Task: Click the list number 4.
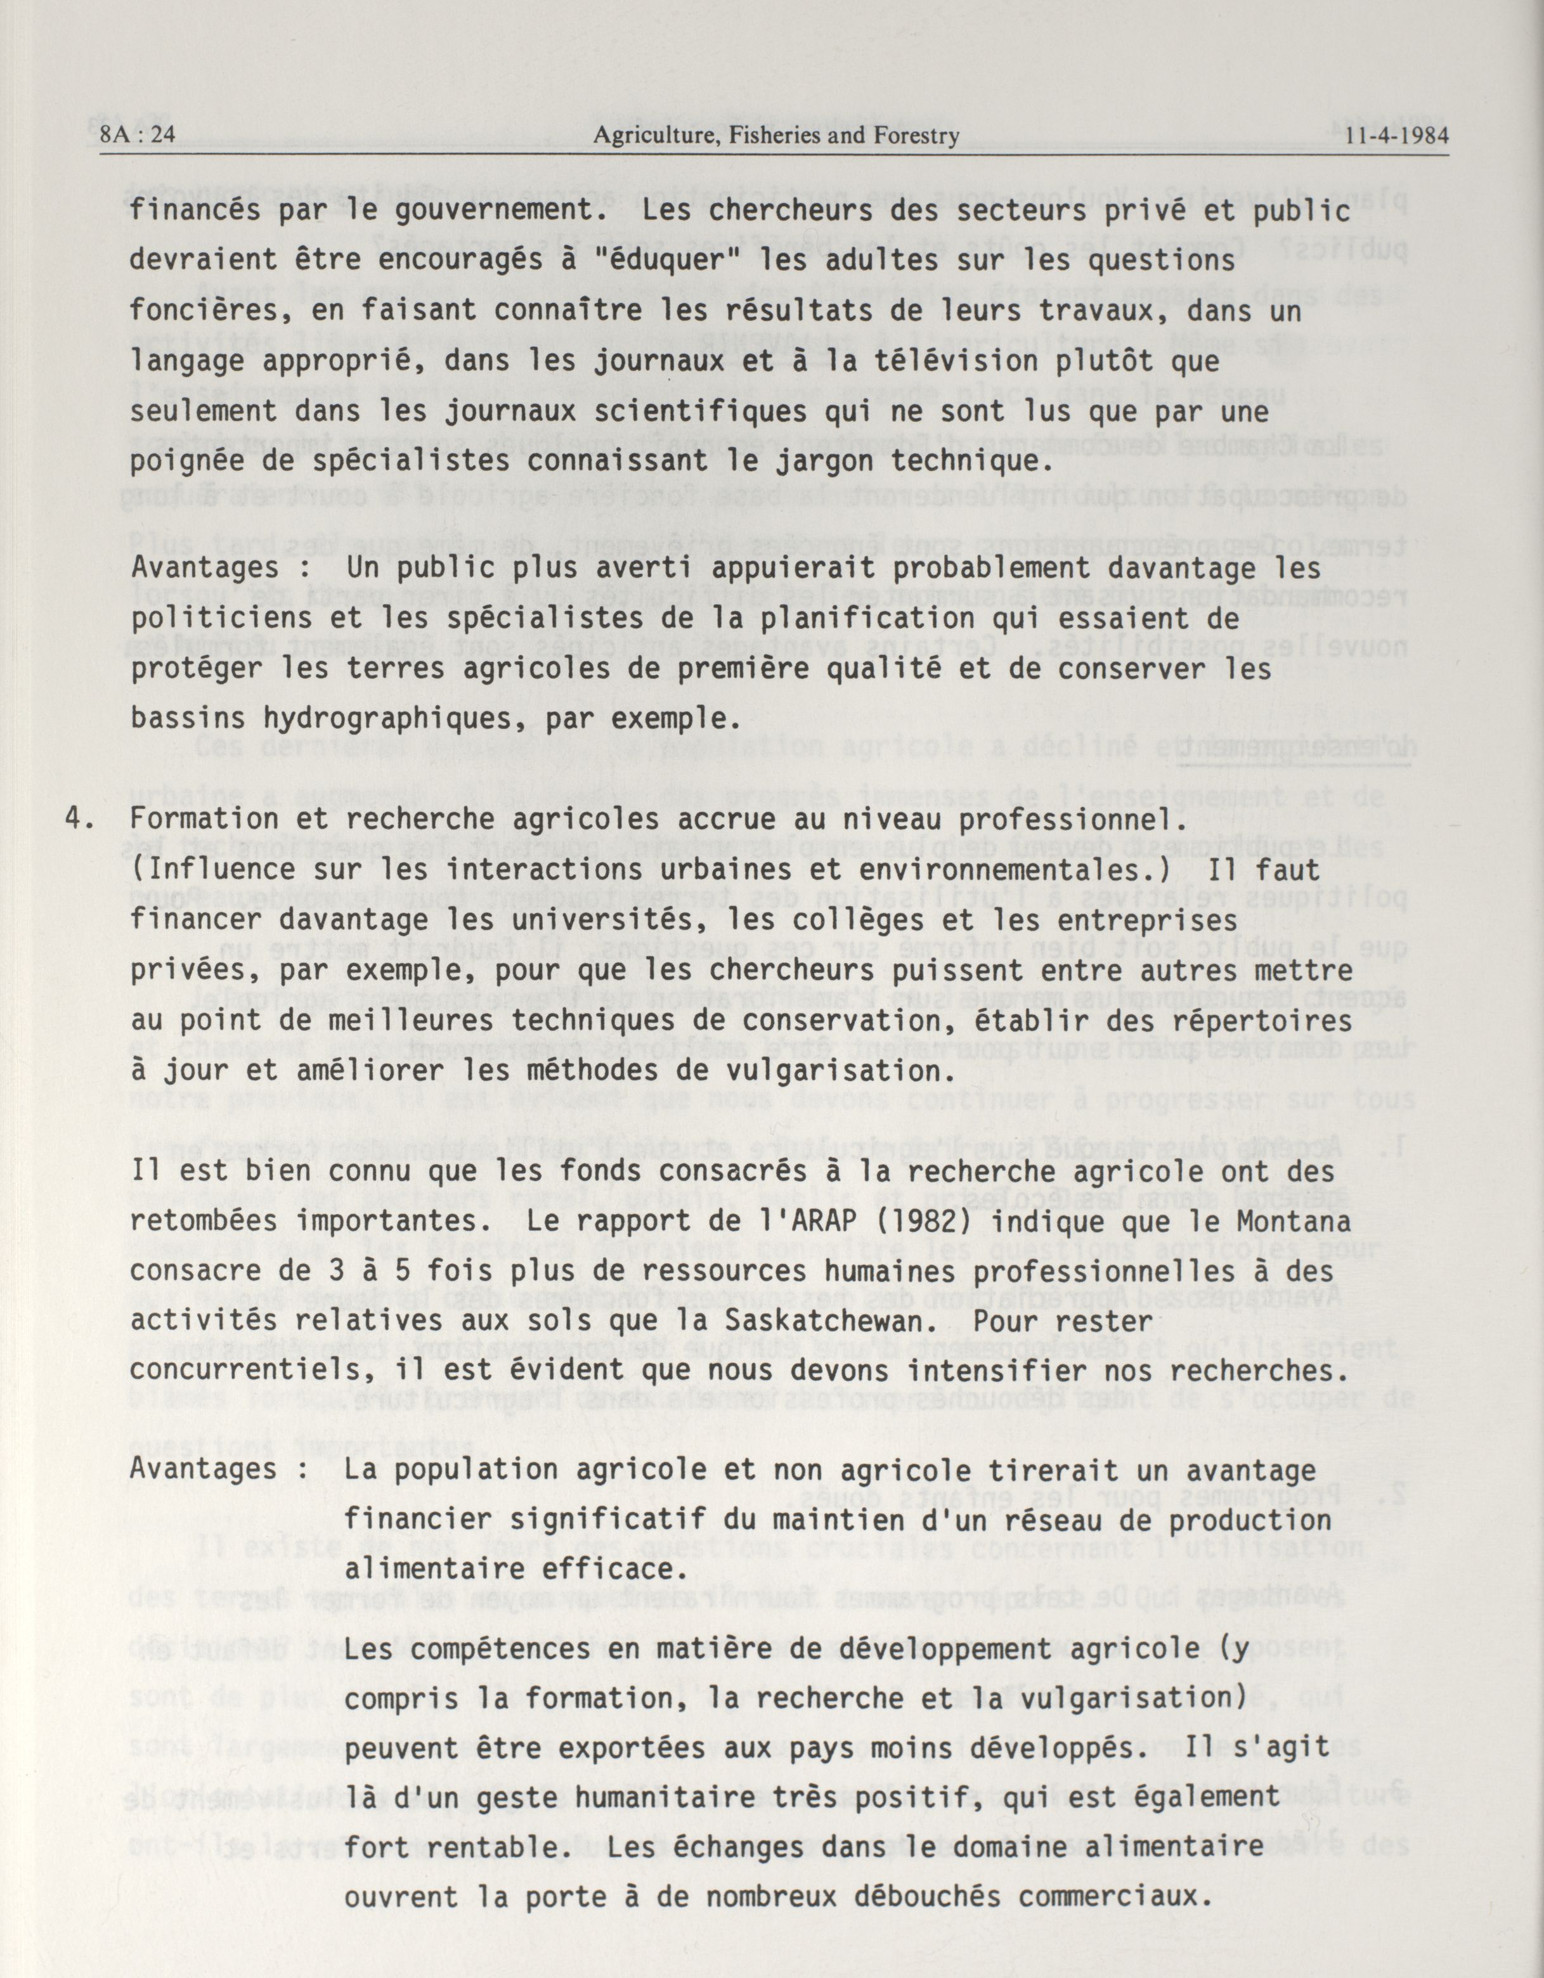(x=78, y=818)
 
